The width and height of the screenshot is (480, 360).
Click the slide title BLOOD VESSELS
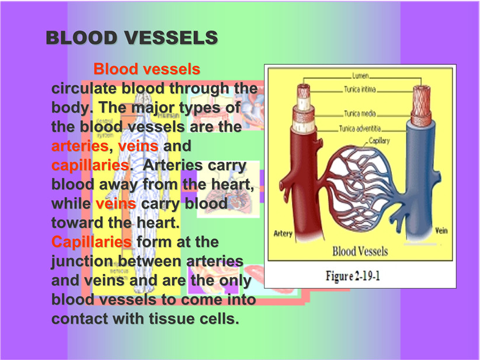click(132, 37)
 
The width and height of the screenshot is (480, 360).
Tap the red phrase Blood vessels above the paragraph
click(147, 69)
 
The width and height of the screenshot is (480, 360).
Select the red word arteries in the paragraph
click(80, 146)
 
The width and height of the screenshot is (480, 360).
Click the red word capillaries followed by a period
click(90, 166)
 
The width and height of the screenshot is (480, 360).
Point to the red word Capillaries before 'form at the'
click(92, 242)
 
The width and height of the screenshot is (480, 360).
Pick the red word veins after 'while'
click(116, 204)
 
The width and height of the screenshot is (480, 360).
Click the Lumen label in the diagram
click(360, 75)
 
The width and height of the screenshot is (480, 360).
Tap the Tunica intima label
click(360, 89)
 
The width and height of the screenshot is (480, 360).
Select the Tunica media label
click(360, 113)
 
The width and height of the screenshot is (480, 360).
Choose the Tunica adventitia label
click(360, 129)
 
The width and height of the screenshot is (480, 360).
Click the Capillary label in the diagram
click(379, 141)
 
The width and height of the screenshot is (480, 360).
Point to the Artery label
click(283, 234)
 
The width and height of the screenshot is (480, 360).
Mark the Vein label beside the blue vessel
click(441, 230)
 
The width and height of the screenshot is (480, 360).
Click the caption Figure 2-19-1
click(353, 276)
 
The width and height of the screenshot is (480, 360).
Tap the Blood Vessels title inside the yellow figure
click(360, 251)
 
